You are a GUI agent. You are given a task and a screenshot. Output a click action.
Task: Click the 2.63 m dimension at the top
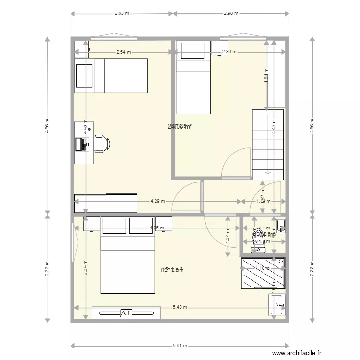tap(122, 14)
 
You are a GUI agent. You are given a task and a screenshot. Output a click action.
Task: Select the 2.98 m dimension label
tap(231, 14)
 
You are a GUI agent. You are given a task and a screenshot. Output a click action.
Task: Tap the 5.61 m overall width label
tap(180, 345)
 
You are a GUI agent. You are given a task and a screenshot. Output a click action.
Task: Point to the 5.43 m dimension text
tap(180, 307)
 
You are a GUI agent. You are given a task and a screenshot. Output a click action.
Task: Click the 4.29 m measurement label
tap(157, 202)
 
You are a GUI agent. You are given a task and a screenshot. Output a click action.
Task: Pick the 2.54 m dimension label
tap(124, 52)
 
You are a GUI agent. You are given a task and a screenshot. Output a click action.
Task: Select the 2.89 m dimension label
tap(229, 52)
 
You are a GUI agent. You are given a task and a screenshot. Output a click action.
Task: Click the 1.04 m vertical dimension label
tap(227, 235)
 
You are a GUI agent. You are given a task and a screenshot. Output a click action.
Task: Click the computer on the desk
tap(84, 143)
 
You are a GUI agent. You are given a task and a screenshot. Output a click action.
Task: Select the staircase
tap(268, 144)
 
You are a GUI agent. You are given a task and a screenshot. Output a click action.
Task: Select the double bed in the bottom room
tap(128, 259)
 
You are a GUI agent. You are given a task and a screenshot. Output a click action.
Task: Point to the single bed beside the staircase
tap(193, 84)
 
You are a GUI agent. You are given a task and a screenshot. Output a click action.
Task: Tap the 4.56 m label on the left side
tap(47, 126)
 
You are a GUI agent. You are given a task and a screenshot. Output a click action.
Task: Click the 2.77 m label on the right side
tap(312, 269)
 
